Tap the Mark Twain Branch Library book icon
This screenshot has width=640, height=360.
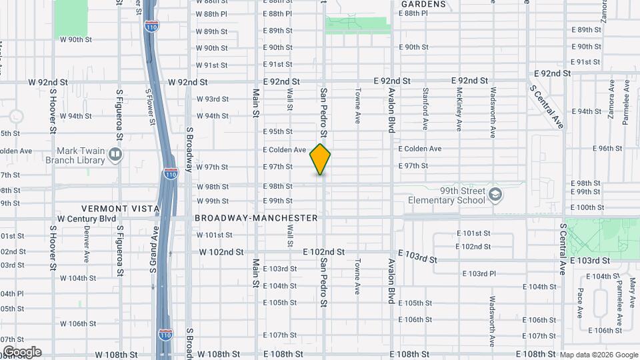[116, 155]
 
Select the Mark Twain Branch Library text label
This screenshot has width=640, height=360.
[81, 155]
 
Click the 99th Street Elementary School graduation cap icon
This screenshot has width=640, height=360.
[495, 195]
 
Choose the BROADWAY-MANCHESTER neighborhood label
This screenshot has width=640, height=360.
[256, 218]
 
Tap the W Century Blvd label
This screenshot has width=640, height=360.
[87, 219]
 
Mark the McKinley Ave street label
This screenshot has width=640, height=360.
[459, 108]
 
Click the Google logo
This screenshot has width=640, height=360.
[21, 352]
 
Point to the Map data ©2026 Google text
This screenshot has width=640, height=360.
[598, 355]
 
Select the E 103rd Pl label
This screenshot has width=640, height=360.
[482, 274]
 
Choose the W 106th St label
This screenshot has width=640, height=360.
[83, 323]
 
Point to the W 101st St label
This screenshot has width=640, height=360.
[214, 235]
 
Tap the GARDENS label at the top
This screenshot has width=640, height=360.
[423, 4]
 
